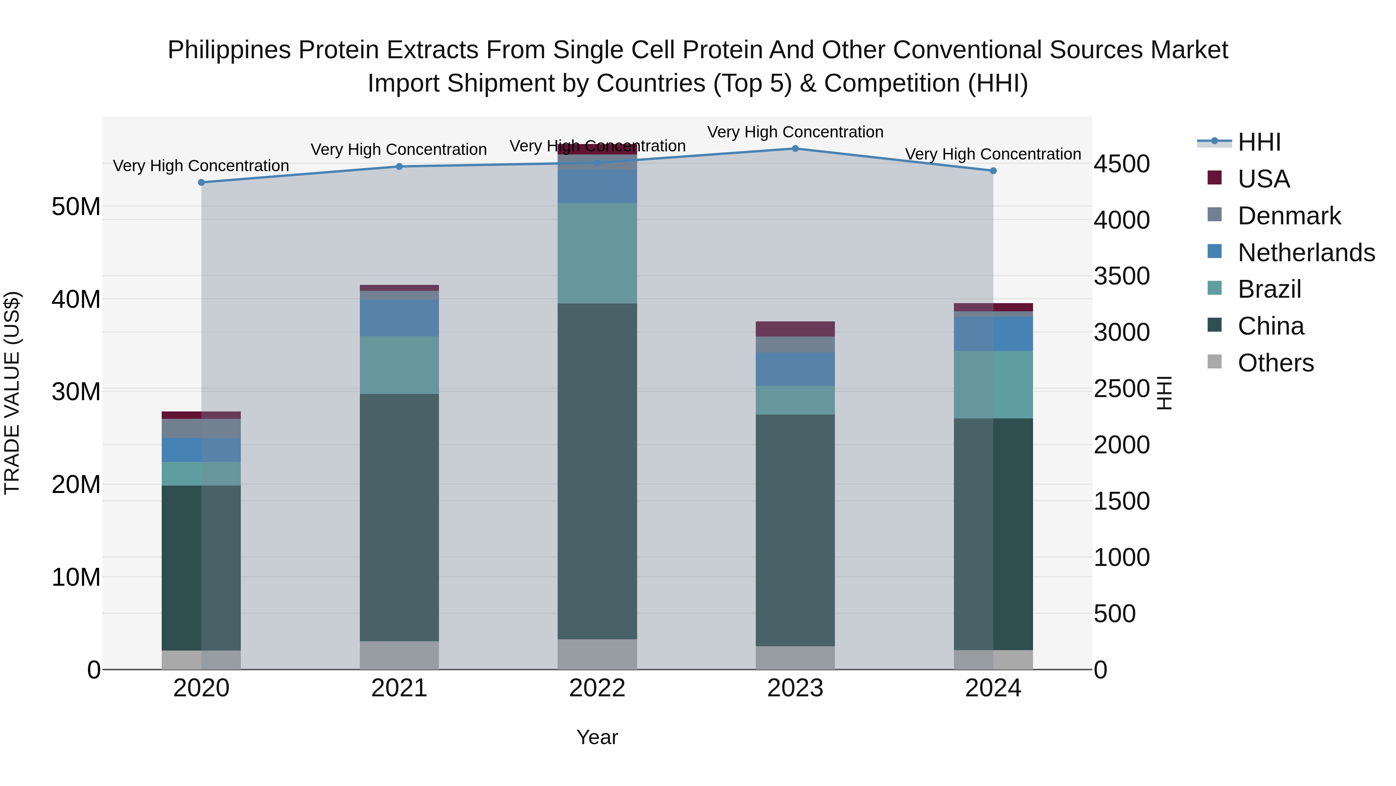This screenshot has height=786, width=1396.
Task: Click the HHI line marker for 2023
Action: click(795, 149)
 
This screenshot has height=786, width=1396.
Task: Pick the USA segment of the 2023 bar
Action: click(795, 329)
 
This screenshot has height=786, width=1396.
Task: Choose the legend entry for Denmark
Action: click(1289, 216)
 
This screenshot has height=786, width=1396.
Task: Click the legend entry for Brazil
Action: click(1269, 289)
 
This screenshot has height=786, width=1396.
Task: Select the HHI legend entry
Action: click(1258, 142)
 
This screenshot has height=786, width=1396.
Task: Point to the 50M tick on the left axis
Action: click(76, 206)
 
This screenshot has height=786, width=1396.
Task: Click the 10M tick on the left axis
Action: click(76, 577)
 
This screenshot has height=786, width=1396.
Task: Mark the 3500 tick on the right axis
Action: click(1121, 276)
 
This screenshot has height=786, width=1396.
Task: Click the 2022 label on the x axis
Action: click(597, 688)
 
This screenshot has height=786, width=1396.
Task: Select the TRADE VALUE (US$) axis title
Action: click(12, 393)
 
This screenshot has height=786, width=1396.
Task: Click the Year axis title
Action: click(597, 737)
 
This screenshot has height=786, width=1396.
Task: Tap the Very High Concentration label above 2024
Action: click(993, 154)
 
